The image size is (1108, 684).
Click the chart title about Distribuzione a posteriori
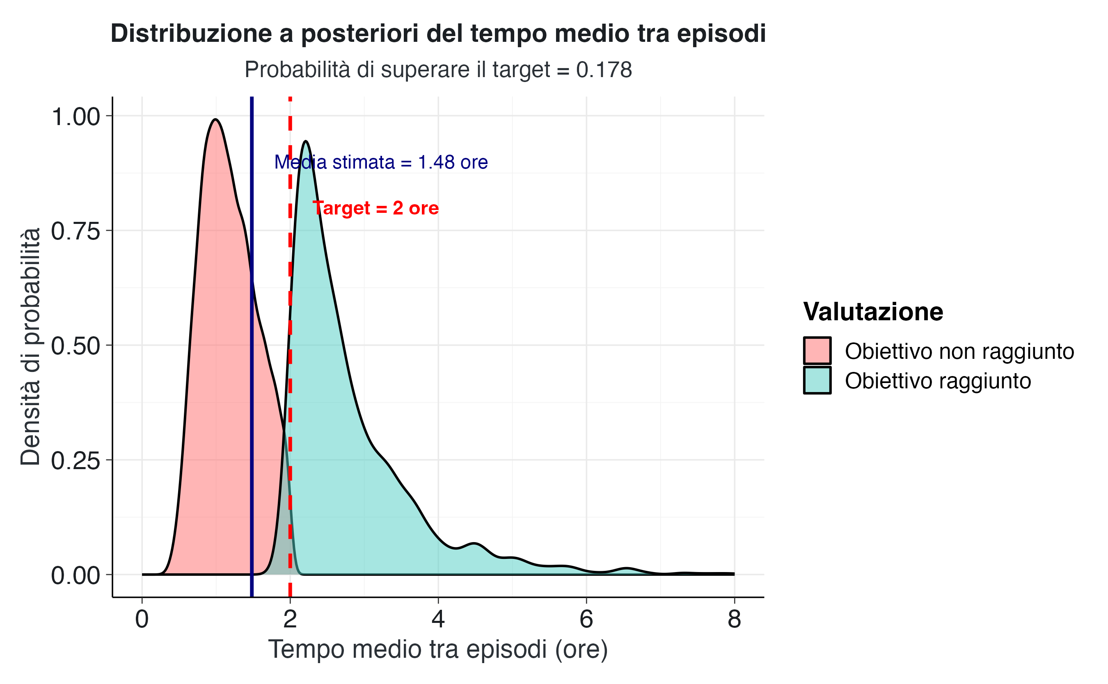coord(438,34)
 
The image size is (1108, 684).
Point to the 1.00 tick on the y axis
coord(76,117)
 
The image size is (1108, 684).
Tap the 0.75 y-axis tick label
coord(76,231)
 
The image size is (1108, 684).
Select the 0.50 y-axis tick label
coord(76,346)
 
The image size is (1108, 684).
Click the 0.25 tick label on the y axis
coord(76,461)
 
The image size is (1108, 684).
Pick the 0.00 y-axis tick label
coord(76,575)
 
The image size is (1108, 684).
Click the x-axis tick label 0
coord(142,619)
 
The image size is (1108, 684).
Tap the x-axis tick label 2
coord(290,619)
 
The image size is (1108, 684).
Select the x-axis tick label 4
coord(438,619)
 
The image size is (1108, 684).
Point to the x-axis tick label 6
coord(586,619)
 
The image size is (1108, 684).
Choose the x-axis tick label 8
coord(734,619)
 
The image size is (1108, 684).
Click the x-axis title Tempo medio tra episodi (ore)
coord(438,650)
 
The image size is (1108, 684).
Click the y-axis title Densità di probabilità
coord(31,346)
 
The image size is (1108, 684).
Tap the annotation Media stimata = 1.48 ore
coord(381,162)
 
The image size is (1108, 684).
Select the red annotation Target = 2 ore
coord(375,208)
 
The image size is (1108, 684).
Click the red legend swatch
coord(817,351)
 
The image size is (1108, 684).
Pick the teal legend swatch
coord(817,380)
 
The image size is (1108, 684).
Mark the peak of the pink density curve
coord(216,119)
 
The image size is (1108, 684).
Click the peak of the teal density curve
coord(306,141)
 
